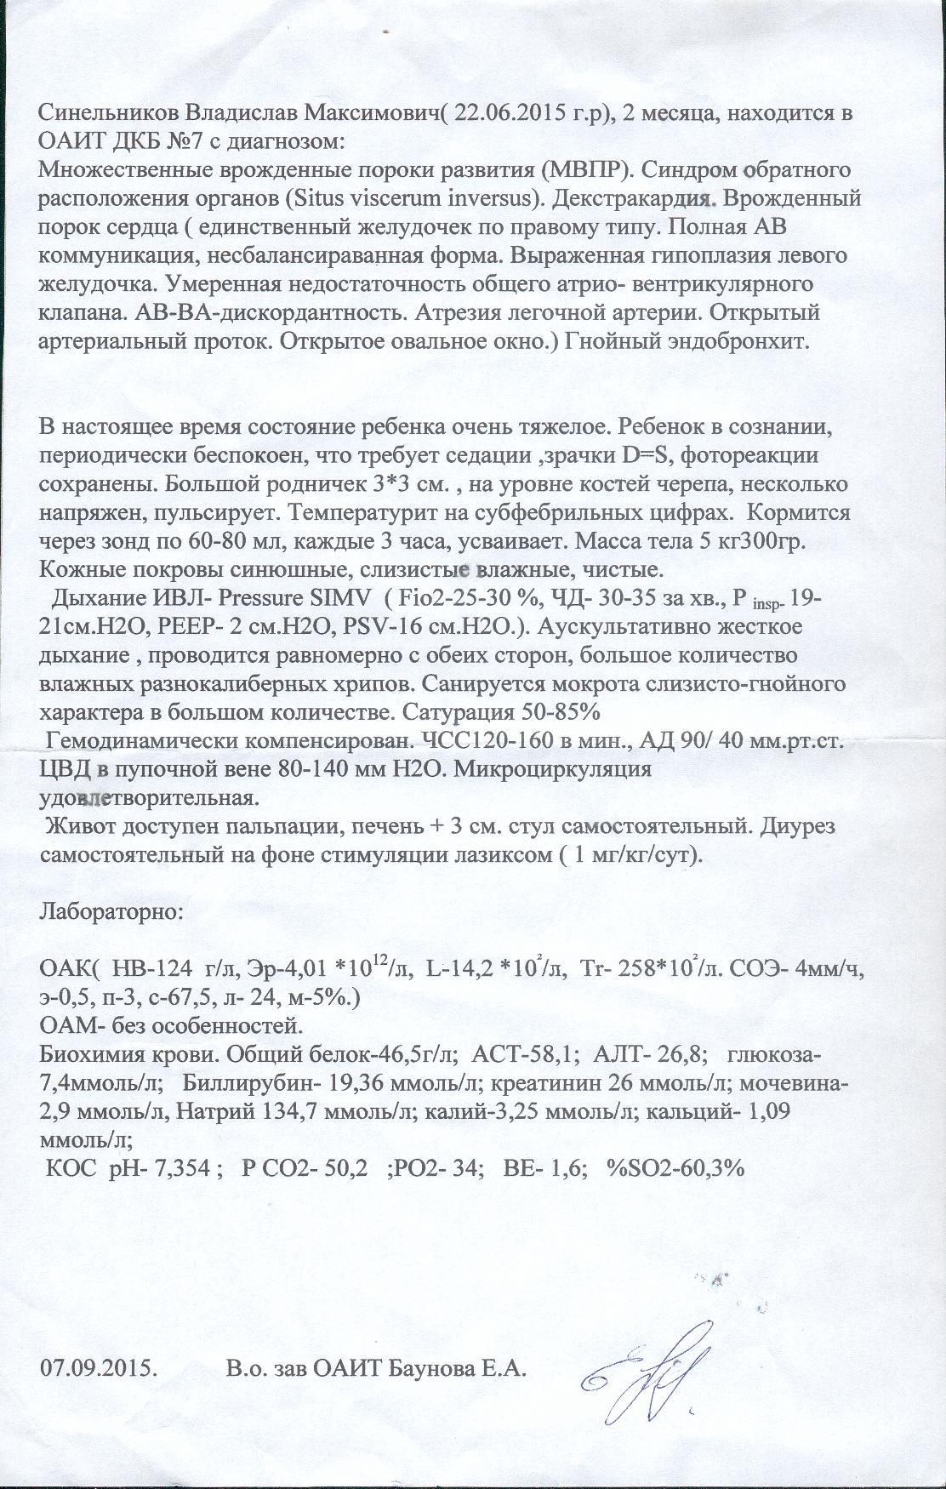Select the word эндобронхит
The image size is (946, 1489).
pyautogui.click(x=752, y=341)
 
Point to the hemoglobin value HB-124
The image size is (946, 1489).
pyautogui.click(x=148, y=969)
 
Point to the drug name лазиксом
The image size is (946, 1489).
pyautogui.click(x=504, y=856)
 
